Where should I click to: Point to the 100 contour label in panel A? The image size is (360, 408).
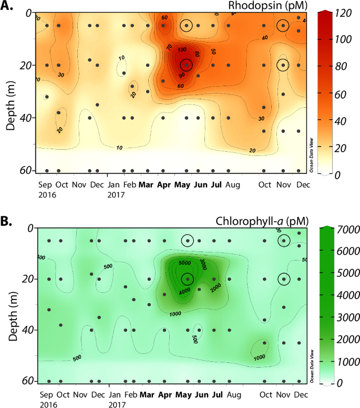tap(182, 50)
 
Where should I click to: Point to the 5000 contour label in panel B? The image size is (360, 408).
tap(184, 263)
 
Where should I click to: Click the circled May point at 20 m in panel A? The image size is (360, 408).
tap(186, 65)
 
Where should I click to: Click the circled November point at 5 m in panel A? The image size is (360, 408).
tap(283, 25)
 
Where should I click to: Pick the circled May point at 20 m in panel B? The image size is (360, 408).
tap(187, 279)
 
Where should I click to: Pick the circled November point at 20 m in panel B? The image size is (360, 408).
tap(284, 279)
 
